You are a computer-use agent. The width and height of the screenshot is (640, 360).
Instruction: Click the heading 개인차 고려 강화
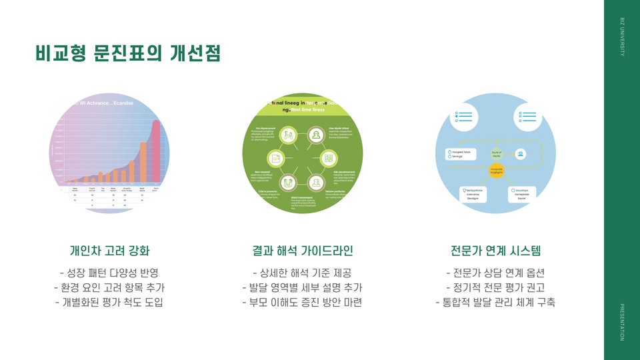click(110, 251)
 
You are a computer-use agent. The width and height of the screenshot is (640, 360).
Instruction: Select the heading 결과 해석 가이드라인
click(302, 251)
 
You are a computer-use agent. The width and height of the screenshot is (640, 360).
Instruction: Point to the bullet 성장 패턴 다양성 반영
click(110, 273)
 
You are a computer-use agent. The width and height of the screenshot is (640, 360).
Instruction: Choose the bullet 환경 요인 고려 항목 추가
click(110, 288)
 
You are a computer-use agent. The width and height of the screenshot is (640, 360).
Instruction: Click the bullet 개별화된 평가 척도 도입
click(110, 303)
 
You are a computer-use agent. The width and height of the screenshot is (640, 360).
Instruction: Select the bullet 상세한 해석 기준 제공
click(302, 273)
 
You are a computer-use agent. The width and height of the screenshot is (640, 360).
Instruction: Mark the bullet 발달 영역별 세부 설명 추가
click(302, 288)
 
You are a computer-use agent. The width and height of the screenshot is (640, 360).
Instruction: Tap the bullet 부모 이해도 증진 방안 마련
click(302, 303)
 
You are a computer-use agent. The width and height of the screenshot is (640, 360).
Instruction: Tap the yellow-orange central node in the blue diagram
click(497, 171)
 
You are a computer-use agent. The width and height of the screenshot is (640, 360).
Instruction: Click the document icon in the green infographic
click(275, 159)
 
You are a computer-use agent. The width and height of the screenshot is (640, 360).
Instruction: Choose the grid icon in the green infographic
click(329, 159)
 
